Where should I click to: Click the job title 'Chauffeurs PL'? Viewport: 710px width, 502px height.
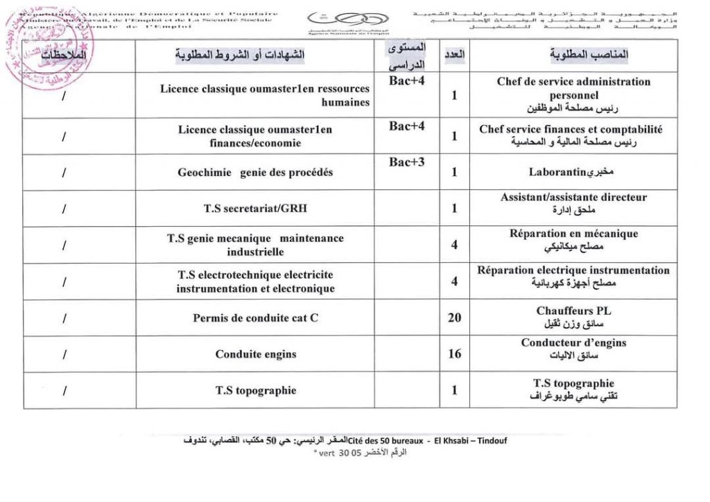pyautogui.click(x=573, y=311)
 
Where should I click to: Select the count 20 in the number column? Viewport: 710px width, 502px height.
pyautogui.click(x=454, y=318)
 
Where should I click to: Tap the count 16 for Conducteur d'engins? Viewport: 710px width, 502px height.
pyautogui.click(x=454, y=354)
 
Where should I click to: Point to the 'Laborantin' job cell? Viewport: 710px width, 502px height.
pyautogui.click(x=573, y=172)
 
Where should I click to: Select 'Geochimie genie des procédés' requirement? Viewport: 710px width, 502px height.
pyautogui.click(x=255, y=173)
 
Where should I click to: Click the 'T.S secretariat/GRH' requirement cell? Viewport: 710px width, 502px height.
pyautogui.click(x=255, y=209)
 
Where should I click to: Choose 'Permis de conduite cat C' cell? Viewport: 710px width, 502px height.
pyautogui.click(x=255, y=318)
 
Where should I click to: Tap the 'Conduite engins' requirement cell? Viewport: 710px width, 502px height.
pyautogui.click(x=255, y=354)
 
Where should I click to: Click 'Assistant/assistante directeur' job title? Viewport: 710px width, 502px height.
pyautogui.click(x=573, y=198)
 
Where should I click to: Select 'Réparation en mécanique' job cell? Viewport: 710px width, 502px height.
pyautogui.click(x=573, y=234)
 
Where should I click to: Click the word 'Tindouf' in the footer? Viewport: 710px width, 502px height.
pyautogui.click(x=490, y=440)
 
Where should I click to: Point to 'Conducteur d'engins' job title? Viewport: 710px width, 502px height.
pyautogui.click(x=573, y=343)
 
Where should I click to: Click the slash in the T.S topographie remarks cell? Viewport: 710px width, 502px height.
pyautogui.click(x=64, y=390)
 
